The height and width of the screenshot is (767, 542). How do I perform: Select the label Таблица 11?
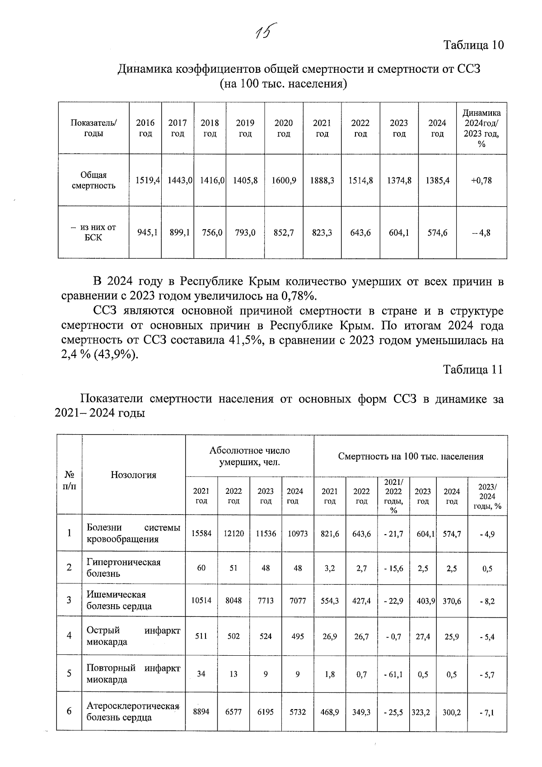(473, 369)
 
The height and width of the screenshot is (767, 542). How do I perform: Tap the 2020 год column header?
(284, 128)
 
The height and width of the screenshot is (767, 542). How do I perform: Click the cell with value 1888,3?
(322, 180)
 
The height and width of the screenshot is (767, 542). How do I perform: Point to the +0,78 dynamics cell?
(481, 180)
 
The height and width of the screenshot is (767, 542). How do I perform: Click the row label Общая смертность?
(93, 180)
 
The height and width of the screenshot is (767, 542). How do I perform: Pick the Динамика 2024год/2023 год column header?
(481, 128)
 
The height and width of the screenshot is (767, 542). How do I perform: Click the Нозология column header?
(133, 474)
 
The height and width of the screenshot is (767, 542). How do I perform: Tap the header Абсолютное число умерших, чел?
(249, 456)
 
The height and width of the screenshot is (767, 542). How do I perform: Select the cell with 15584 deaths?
(201, 534)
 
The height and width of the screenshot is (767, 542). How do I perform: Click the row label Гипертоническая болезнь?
(123, 568)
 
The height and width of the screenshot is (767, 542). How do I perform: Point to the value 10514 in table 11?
(201, 601)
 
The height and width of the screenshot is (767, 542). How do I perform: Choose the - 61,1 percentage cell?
(393, 674)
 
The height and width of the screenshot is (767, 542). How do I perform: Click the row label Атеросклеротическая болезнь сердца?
(133, 711)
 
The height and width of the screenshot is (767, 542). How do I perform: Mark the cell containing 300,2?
(452, 712)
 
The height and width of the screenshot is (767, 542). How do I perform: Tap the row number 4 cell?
(69, 635)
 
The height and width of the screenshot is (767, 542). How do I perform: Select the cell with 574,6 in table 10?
(437, 233)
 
